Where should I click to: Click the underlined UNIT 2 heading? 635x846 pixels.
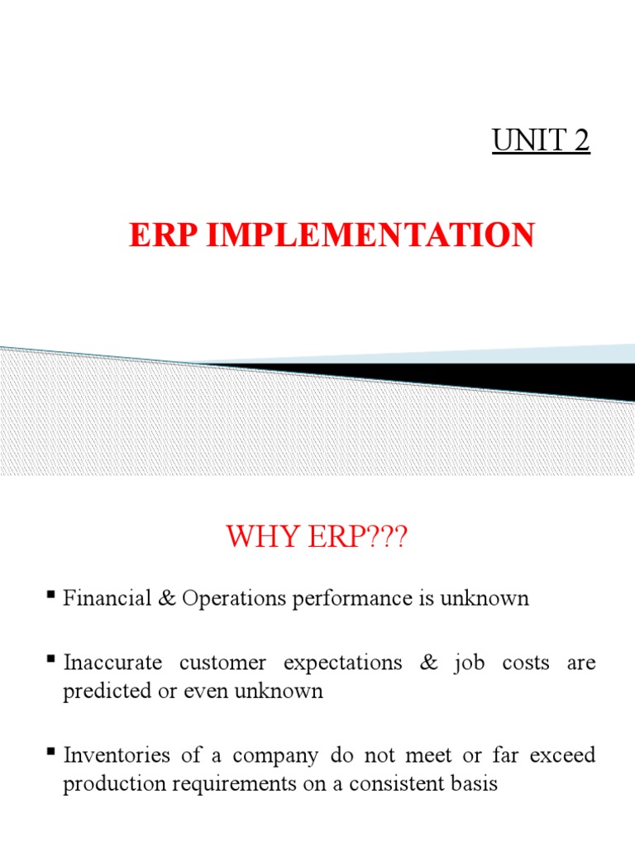(541, 141)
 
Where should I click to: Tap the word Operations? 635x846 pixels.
(226, 598)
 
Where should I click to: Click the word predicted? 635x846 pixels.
(100, 691)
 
